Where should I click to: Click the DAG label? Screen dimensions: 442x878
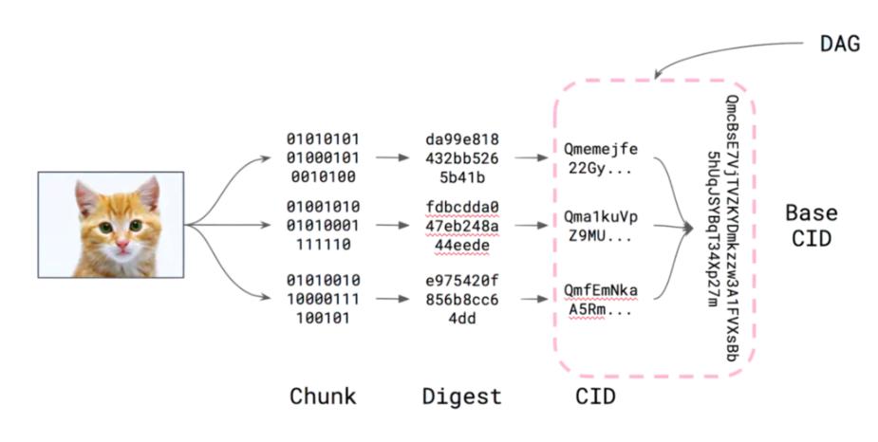839,44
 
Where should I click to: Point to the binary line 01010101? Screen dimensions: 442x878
323,138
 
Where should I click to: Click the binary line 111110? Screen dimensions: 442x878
323,244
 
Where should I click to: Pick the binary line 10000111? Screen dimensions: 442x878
323,300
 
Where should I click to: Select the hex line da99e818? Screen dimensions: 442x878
462,138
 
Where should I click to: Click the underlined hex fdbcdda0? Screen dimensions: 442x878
462,206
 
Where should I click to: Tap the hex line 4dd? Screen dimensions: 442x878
462,319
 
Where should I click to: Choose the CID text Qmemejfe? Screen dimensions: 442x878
600,148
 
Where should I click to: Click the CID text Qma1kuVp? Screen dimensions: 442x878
600,216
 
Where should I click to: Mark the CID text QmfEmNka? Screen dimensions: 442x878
600,289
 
